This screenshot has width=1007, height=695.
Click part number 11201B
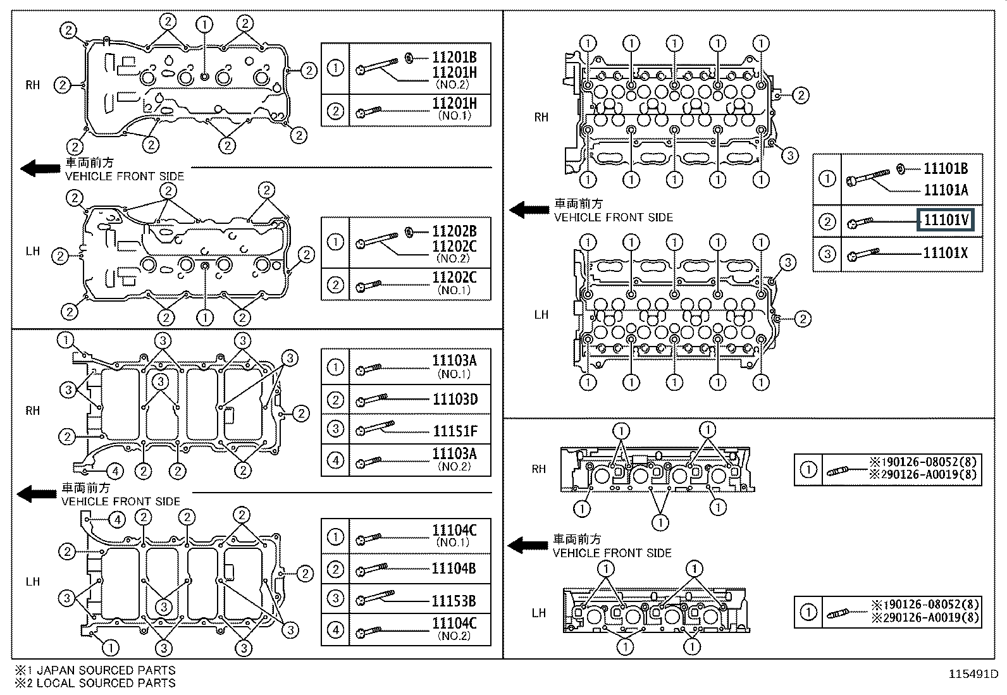[454, 57]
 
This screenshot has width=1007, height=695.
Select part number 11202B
[454, 231]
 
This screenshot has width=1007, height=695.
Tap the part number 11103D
[455, 399]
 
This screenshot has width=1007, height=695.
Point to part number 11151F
[455, 431]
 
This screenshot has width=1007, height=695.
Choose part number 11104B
[454, 568]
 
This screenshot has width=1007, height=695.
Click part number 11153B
[454, 600]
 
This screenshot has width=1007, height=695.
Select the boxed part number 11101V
[946, 220]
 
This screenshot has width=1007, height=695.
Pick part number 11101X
[946, 253]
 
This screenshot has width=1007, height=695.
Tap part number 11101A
[946, 190]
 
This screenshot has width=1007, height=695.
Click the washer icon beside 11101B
[901, 168]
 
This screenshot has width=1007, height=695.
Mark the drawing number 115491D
[972, 674]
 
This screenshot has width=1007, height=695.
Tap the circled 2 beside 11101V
[827, 221]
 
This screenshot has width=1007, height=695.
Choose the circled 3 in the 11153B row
[335, 598]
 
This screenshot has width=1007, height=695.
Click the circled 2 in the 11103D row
[335, 400]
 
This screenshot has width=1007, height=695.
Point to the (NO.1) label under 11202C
[454, 290]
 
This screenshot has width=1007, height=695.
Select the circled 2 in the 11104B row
[335, 569]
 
